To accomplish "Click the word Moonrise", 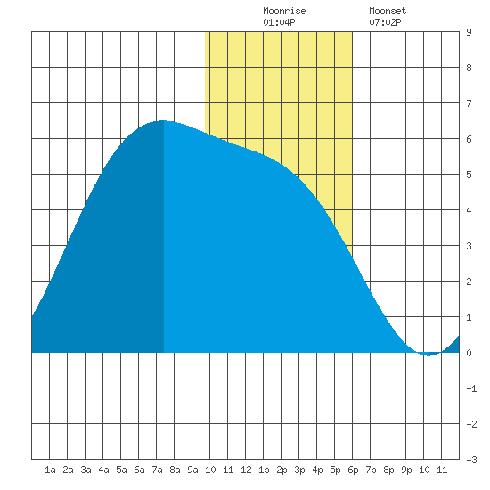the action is click(x=284, y=11).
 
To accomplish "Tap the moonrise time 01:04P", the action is click(x=279, y=22).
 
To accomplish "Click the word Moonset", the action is click(x=388, y=11).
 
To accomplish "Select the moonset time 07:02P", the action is click(x=385, y=22).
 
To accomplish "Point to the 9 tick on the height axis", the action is click(x=469, y=32).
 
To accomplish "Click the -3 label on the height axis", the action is click(x=471, y=460).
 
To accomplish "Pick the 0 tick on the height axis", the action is click(x=469, y=353).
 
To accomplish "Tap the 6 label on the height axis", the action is click(x=469, y=139).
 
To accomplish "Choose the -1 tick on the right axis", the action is click(x=471, y=388).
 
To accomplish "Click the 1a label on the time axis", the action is click(x=50, y=470).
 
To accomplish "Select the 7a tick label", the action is click(x=157, y=470).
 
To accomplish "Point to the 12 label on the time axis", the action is click(x=246, y=470).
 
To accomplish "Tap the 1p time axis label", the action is click(x=264, y=470).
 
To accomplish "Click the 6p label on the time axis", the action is click(x=353, y=470).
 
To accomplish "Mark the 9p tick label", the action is click(x=406, y=470).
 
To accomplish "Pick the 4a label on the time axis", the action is click(x=103, y=470).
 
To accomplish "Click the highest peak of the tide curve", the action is click(x=163, y=120).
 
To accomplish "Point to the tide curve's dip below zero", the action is click(x=429, y=355).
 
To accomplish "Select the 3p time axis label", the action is click(x=299, y=470).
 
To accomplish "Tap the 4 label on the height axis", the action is click(x=469, y=210).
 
